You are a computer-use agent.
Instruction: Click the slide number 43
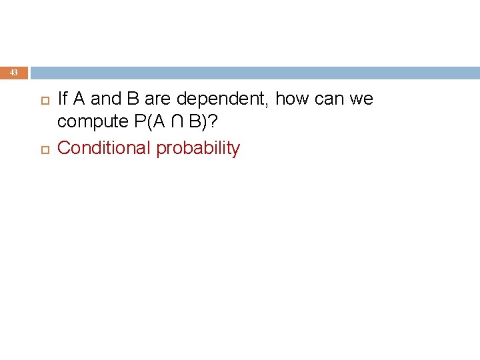(x=15, y=73)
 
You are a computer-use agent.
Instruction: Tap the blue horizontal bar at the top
(x=253, y=73)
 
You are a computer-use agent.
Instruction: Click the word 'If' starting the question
(x=63, y=99)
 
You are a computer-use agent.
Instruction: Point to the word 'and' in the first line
(x=104, y=99)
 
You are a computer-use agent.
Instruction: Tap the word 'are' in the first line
(x=157, y=99)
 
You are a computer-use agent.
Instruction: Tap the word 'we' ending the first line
(x=361, y=99)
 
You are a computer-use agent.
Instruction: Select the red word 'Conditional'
(x=104, y=148)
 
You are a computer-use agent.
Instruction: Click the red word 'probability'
(x=198, y=148)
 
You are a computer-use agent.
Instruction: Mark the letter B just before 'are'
(x=132, y=99)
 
